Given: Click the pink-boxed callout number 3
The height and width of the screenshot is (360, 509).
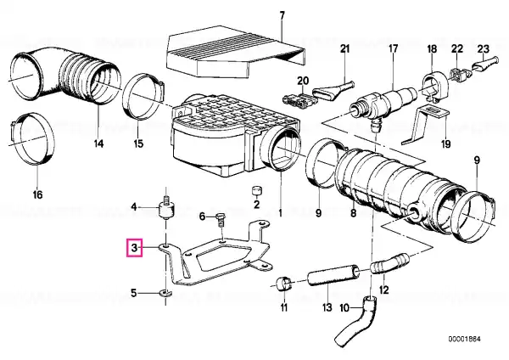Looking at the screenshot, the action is click(x=134, y=248).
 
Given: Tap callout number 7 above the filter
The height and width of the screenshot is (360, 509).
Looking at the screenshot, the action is click(x=282, y=15).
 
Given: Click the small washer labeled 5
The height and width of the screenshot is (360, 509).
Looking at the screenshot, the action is click(x=165, y=294).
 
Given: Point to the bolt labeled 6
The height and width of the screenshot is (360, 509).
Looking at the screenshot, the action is click(x=221, y=219).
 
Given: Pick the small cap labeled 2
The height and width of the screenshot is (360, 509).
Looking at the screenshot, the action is click(x=257, y=191).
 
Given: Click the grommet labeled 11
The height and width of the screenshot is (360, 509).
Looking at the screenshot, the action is click(x=284, y=284).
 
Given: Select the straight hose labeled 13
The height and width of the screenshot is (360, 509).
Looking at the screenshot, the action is click(x=333, y=274).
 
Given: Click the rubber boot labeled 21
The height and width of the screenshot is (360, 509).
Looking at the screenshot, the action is click(x=334, y=90).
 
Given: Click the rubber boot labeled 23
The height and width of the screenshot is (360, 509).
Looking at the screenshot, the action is click(x=484, y=63).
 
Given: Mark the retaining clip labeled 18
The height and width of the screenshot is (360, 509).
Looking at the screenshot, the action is click(x=434, y=86).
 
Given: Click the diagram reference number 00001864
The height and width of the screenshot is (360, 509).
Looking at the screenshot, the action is click(x=464, y=340).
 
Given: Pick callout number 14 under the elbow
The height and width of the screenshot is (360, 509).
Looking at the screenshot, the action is click(x=98, y=143).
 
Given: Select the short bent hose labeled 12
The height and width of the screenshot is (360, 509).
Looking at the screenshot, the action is click(x=389, y=263).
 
